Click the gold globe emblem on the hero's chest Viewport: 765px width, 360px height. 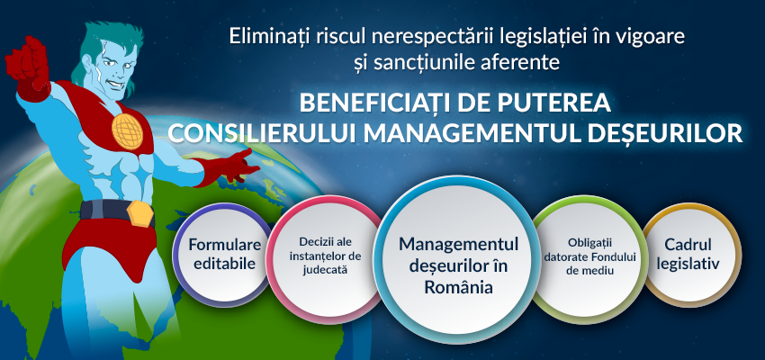coord(127,130)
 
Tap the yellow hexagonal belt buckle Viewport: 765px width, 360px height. coord(140,213)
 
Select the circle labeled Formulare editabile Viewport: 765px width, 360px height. coord(224,254)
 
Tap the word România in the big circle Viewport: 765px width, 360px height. coord(458,287)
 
